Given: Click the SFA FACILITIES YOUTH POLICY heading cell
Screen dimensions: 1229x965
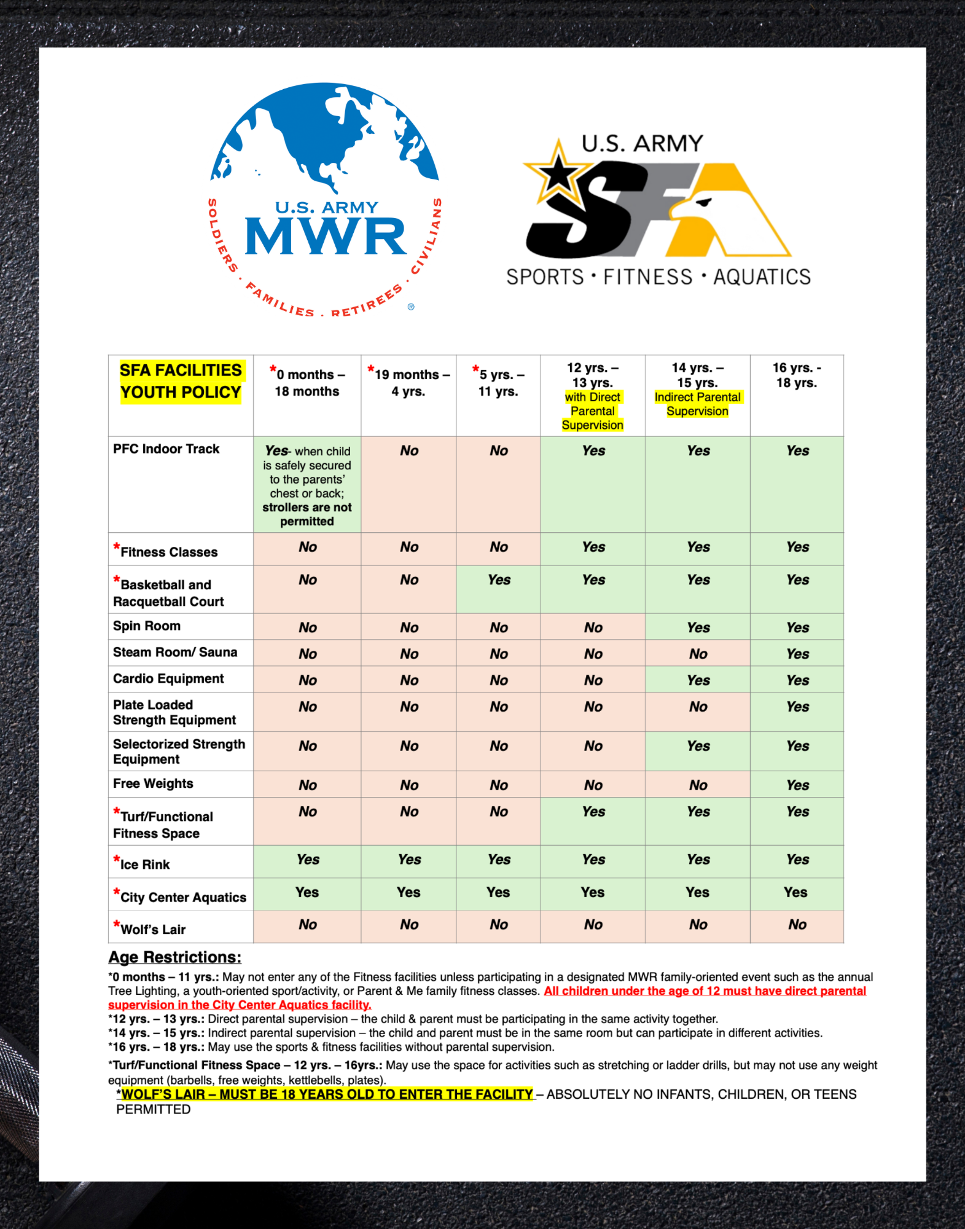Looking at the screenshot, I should [181, 382].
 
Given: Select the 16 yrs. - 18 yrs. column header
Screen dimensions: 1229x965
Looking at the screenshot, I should [797, 375].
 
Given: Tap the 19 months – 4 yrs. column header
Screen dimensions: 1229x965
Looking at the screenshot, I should [409, 382].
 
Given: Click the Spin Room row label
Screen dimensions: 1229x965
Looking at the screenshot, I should [147, 626].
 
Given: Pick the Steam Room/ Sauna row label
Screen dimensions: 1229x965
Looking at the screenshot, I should [175, 653].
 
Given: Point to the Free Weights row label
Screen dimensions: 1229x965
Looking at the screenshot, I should [153, 783].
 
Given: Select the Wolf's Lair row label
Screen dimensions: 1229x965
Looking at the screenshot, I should [152, 929].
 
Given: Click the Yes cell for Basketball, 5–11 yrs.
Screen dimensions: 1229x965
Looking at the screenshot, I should [499, 580].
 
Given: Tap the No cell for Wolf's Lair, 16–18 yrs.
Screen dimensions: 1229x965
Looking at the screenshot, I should [797, 925].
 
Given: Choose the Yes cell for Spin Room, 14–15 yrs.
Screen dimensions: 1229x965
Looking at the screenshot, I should [698, 627].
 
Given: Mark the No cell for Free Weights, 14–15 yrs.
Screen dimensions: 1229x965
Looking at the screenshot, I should [698, 785].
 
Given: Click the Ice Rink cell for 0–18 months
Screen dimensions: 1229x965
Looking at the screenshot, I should [308, 860].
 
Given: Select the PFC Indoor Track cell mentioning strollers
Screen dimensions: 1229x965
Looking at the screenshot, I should [307, 485].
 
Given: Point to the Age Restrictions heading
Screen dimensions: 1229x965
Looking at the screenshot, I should [175, 957].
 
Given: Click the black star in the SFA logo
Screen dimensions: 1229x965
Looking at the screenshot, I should [558, 173].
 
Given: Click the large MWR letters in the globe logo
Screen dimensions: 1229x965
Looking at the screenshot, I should [326, 237].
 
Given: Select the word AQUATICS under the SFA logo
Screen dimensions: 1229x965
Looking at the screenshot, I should [762, 277].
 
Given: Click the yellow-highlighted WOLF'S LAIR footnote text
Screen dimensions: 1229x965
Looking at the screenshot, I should [327, 1094].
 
